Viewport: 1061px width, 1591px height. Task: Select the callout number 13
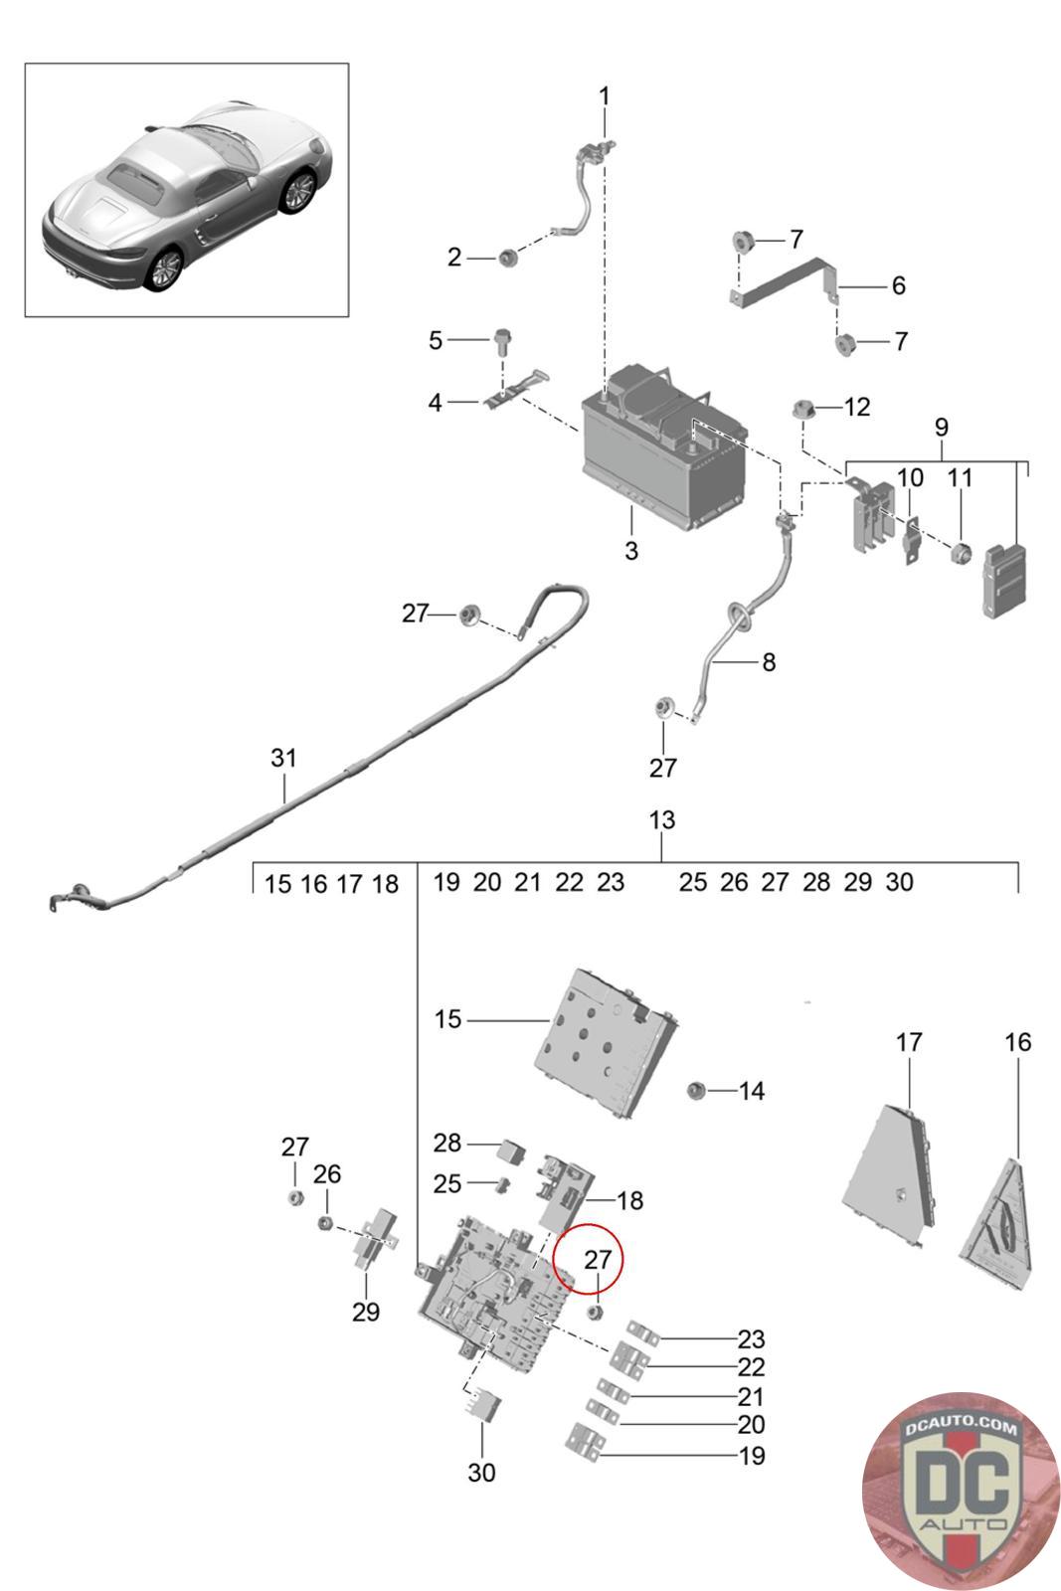click(661, 820)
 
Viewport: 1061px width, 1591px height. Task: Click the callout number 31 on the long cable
click(283, 758)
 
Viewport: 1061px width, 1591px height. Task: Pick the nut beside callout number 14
click(696, 1091)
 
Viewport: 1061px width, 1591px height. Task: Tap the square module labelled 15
click(607, 1044)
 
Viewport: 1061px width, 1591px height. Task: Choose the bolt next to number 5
click(502, 340)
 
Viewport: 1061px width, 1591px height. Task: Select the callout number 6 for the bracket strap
click(898, 286)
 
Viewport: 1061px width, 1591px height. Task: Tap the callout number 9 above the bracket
click(941, 428)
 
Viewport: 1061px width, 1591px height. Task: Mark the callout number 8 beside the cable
click(769, 661)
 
